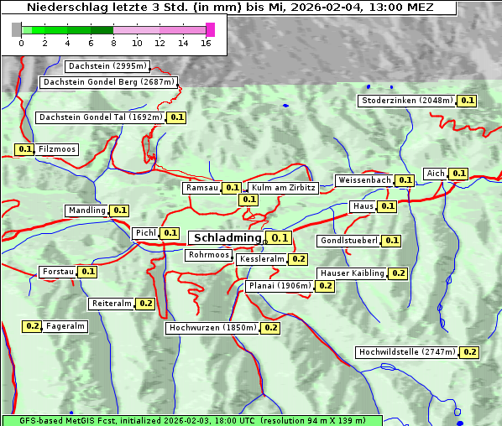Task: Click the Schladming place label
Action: pyautogui.click(x=227, y=238)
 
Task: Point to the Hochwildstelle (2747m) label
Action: pyautogui.click(x=406, y=352)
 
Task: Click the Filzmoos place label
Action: pyautogui.click(x=57, y=149)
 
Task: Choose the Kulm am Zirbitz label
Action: pyautogui.click(x=283, y=188)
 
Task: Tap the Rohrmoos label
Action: pyautogui.click(x=208, y=255)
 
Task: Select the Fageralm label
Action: pyautogui.click(x=65, y=326)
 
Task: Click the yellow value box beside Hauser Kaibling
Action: pyautogui.click(x=398, y=273)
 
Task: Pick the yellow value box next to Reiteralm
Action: pyautogui.click(x=145, y=304)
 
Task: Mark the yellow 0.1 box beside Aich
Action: pyautogui.click(x=458, y=174)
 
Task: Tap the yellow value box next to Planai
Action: pyautogui.click(x=325, y=286)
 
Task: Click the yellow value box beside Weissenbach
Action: pyautogui.click(x=405, y=180)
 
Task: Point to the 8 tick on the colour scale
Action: pyautogui.click(x=113, y=42)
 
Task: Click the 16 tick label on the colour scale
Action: pyautogui.click(x=206, y=42)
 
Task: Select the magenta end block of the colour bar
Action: pyautogui.click(x=210, y=29)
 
